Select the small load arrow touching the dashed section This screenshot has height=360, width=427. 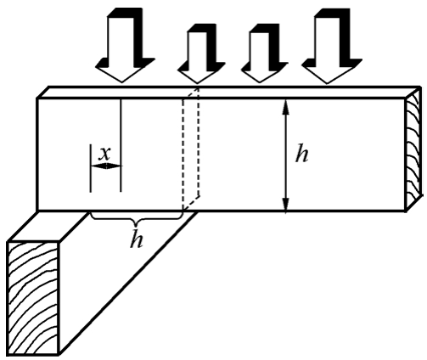point(200,53)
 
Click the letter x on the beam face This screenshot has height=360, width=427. point(105,155)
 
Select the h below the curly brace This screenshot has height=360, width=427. point(137,240)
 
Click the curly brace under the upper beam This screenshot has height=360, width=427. point(136,219)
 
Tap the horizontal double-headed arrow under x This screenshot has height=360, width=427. point(106,166)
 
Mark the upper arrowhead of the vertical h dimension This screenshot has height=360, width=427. point(286,107)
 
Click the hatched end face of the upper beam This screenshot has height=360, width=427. point(413,149)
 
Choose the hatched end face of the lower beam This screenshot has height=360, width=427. point(34,298)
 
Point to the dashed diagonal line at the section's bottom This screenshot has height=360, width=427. point(191,202)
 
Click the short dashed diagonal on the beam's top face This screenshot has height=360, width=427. point(191,93)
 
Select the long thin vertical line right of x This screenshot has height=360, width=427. point(121,145)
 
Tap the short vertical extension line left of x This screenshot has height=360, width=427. point(91,168)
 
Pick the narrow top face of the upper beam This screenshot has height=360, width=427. point(228,93)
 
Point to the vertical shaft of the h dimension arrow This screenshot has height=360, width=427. point(286,156)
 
